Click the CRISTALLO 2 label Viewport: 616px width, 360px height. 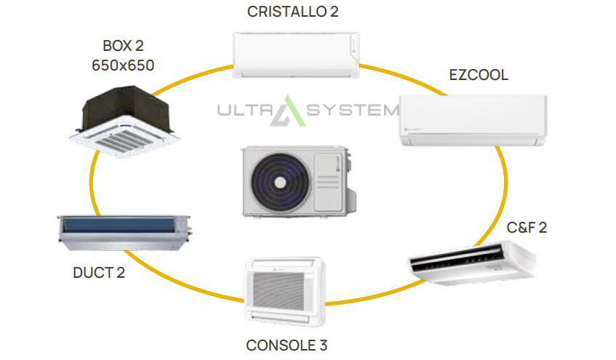pyautogui.click(x=292, y=12)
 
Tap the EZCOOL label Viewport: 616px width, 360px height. pyautogui.click(x=479, y=75)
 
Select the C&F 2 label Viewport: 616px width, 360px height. pyautogui.click(x=527, y=227)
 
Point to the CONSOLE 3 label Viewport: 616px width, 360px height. pyautogui.click(x=287, y=345)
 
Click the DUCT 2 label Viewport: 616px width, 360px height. pyautogui.click(x=99, y=272)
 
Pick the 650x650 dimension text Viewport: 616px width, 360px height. pyautogui.click(x=123, y=65)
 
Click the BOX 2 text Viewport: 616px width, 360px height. pyautogui.click(x=123, y=46)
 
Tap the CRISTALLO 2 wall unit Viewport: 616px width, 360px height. pyautogui.click(x=296, y=55)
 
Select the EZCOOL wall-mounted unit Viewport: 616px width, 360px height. pyautogui.click(x=473, y=120)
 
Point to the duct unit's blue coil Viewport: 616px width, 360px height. pyautogui.click(x=119, y=225)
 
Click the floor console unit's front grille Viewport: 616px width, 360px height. pyautogui.click(x=279, y=291)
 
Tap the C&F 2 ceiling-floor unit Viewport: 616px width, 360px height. pyautogui.click(x=473, y=263)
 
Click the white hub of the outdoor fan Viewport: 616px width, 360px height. pyautogui.click(x=280, y=183)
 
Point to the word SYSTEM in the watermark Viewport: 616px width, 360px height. pyautogui.click(x=353, y=110)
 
